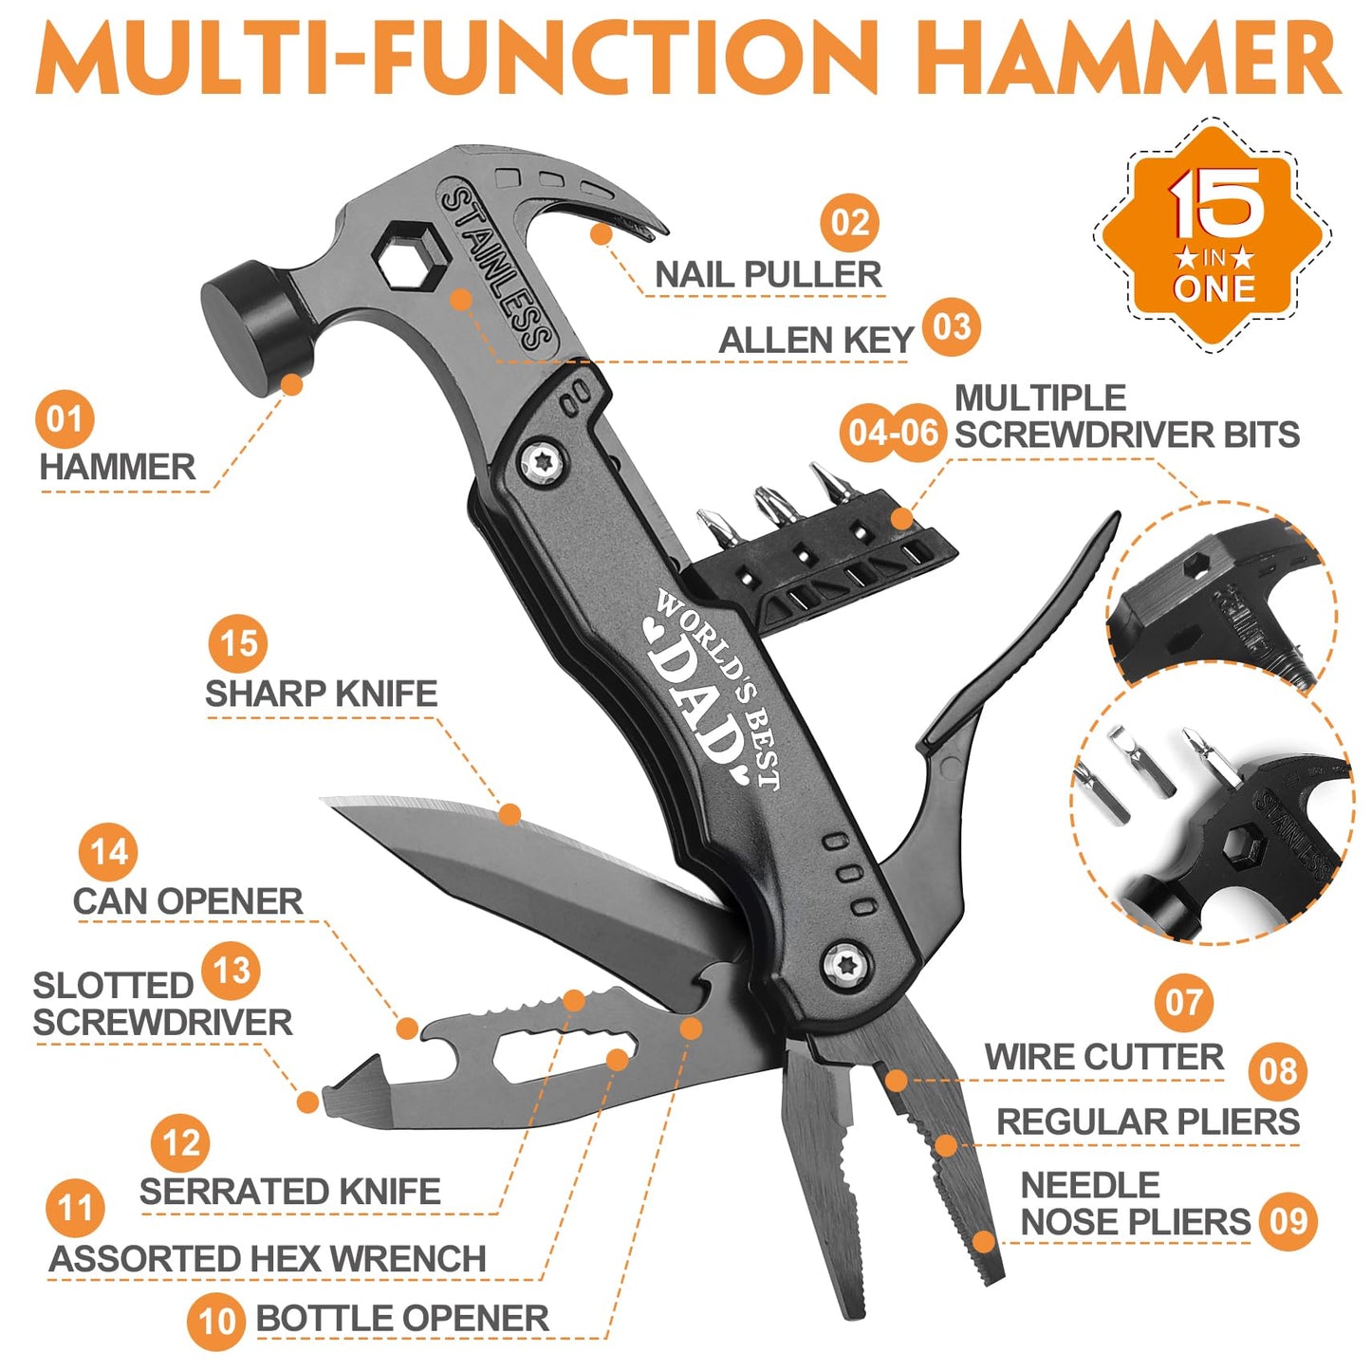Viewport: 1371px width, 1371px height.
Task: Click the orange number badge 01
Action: pos(65,419)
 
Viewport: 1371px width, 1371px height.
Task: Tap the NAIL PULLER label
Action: pos(768,275)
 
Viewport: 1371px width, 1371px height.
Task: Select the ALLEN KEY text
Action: pos(815,340)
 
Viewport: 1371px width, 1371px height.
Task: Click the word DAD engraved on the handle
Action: pos(697,707)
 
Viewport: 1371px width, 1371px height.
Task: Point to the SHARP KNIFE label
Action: pos(321,694)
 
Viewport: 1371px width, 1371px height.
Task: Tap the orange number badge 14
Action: pos(108,852)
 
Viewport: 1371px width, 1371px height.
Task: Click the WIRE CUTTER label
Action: pos(1103,1057)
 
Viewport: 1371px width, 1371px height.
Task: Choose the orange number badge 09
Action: pos(1288,1221)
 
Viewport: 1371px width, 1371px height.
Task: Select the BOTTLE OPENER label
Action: pos(401,1319)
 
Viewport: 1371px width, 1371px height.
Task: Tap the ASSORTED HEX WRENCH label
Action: pos(268,1259)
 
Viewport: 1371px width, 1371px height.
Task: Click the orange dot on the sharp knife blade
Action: pos(509,814)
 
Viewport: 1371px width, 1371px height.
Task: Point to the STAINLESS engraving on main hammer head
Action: pos(497,269)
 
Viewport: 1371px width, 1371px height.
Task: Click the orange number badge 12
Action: pos(180,1143)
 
